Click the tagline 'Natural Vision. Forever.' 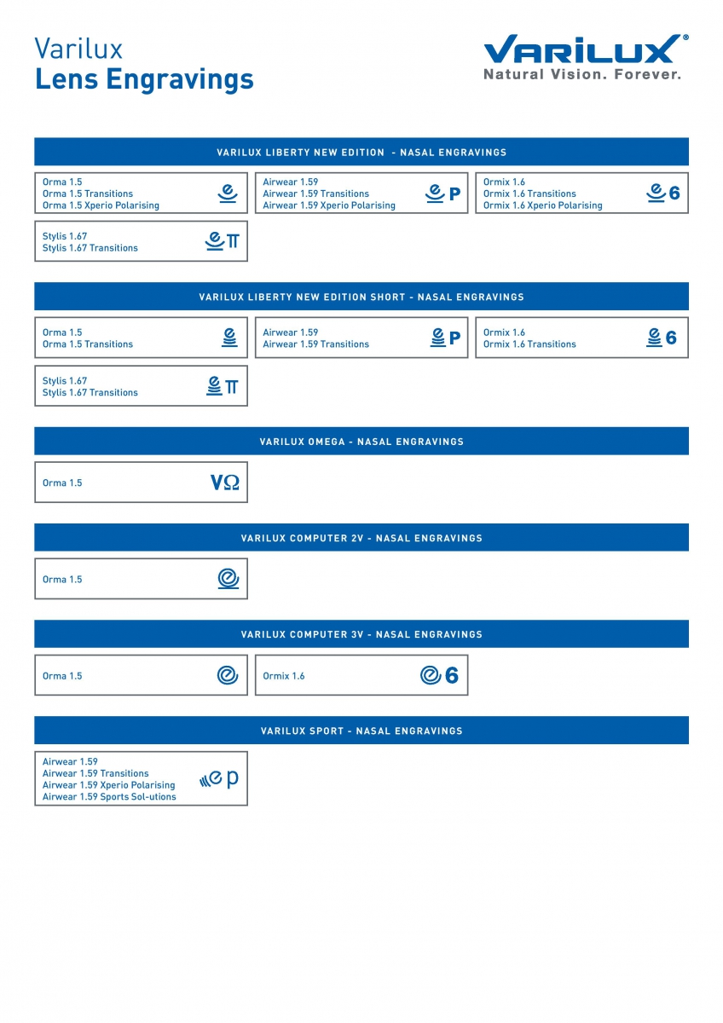pyautogui.click(x=582, y=75)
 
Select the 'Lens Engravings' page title pyautogui.click(x=144, y=79)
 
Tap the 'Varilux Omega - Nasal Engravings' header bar pyautogui.click(x=361, y=442)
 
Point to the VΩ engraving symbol pyautogui.click(x=224, y=483)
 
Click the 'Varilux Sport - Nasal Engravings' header pyautogui.click(x=361, y=731)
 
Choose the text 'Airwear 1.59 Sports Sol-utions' pyautogui.click(x=109, y=797)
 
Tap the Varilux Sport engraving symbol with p pyautogui.click(x=219, y=778)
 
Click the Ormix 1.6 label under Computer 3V pyautogui.click(x=284, y=676)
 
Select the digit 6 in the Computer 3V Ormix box pyautogui.click(x=452, y=676)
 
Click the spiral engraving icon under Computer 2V pyautogui.click(x=228, y=580)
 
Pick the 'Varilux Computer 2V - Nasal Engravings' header pyautogui.click(x=361, y=538)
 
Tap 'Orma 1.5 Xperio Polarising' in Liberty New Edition pyautogui.click(x=101, y=205)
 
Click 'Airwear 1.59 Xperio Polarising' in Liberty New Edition pyautogui.click(x=329, y=205)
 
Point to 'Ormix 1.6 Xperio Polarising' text pyautogui.click(x=542, y=205)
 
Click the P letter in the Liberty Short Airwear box pyautogui.click(x=454, y=338)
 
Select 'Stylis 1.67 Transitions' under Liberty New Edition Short pyautogui.click(x=90, y=393)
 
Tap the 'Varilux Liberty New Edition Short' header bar pyautogui.click(x=361, y=297)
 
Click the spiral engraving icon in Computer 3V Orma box pyautogui.click(x=227, y=676)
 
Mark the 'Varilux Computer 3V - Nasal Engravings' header pyautogui.click(x=361, y=634)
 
